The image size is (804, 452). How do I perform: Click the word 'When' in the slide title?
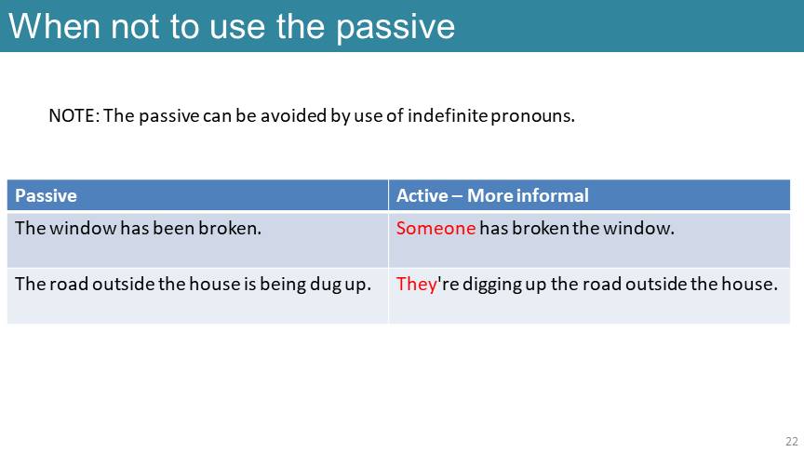(54, 26)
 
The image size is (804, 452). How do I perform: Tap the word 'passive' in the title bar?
(395, 28)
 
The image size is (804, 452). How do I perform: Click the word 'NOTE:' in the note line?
(74, 115)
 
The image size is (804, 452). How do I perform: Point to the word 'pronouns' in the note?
(531, 117)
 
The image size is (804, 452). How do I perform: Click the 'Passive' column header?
(46, 195)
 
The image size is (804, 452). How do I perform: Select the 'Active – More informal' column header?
(492, 195)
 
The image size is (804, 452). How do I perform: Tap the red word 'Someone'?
(435, 228)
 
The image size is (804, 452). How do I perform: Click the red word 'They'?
(416, 285)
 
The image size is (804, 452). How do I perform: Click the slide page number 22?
(792, 441)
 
